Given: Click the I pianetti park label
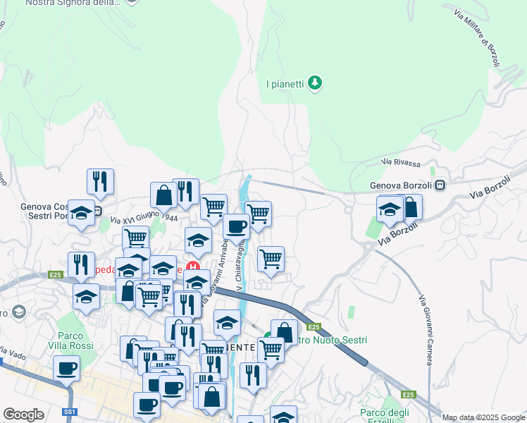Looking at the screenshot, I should click(285, 84).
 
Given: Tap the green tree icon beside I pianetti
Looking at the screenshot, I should click(315, 84).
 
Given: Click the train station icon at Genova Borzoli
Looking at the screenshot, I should click(440, 186).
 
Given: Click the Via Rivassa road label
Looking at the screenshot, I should click(400, 163).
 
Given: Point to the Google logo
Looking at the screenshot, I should click(24, 415).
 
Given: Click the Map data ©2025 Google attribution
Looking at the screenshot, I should click(483, 417).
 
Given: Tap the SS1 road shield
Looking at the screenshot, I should click(69, 412).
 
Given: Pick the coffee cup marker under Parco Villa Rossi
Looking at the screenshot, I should click(66, 368).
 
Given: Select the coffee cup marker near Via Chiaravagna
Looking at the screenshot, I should click(236, 226).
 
